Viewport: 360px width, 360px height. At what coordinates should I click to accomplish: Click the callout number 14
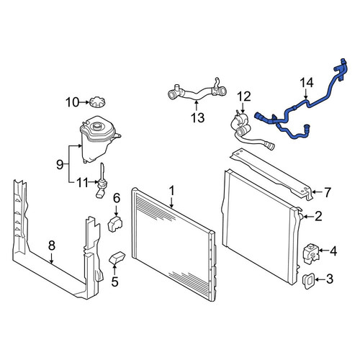(307, 83)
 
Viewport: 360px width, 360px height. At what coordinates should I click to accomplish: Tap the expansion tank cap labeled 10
(97, 102)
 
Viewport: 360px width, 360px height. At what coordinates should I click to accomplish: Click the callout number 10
(72, 102)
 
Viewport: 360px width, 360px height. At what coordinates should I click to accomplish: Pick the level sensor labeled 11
(102, 181)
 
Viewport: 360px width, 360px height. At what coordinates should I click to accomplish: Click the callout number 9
(60, 165)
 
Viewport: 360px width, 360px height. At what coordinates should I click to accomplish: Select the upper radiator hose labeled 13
(197, 92)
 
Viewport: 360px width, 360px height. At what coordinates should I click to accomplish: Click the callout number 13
(198, 118)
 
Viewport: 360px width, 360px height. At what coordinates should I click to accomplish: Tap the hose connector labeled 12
(250, 132)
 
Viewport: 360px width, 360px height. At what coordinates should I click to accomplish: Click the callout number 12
(244, 96)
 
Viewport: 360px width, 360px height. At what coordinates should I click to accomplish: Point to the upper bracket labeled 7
(271, 173)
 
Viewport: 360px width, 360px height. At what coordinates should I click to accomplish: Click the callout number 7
(328, 192)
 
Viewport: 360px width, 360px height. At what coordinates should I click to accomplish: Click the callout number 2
(318, 216)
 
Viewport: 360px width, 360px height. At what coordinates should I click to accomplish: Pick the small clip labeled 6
(115, 224)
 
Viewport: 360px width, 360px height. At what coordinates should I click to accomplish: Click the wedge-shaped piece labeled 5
(117, 258)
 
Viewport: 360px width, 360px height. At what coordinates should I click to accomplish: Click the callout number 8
(52, 246)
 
